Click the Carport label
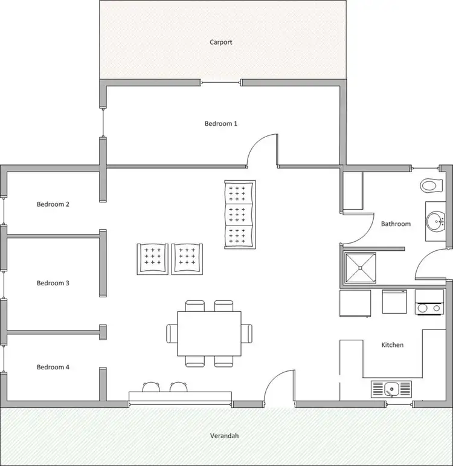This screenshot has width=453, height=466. pyautogui.click(x=220, y=42)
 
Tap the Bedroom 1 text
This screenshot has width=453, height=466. pyautogui.click(x=220, y=123)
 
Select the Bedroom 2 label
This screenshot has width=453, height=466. pyautogui.click(x=53, y=204)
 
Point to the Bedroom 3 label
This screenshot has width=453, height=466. pyautogui.click(x=53, y=283)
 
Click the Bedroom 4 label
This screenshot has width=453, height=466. pyautogui.click(x=53, y=367)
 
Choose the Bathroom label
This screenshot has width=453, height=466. pyautogui.click(x=396, y=224)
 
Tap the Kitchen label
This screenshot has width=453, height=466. pyautogui.click(x=392, y=345)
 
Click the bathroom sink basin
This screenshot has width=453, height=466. pyautogui.click(x=435, y=221)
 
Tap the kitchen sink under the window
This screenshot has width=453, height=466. pyautogui.click(x=391, y=387)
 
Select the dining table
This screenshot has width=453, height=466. pyautogui.click(x=209, y=333)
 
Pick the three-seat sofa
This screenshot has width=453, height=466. pyautogui.click(x=239, y=214)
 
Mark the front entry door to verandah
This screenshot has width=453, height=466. pyautogui.click(x=278, y=389)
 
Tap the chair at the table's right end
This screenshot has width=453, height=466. pyautogui.click(x=246, y=333)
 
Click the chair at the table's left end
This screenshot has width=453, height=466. pyautogui.click(x=172, y=333)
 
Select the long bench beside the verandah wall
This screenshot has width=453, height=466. pyautogui.click(x=180, y=396)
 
